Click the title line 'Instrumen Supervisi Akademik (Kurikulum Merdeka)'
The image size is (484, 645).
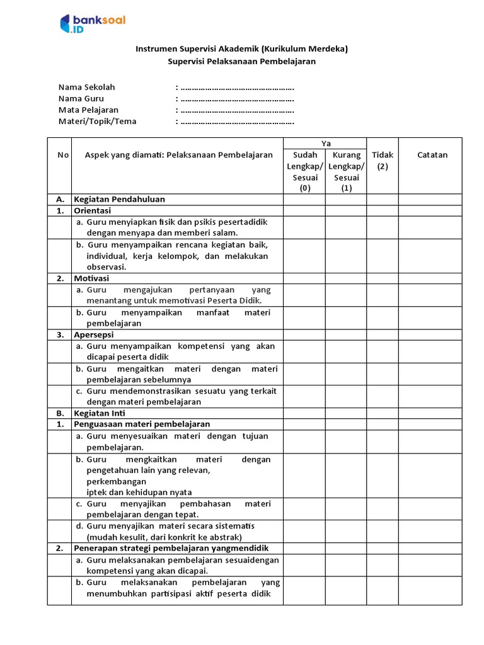coord(242,49)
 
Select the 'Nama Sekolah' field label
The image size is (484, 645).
coord(87,87)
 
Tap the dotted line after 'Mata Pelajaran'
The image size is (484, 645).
coord(237,110)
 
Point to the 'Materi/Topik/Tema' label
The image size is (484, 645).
coord(97,122)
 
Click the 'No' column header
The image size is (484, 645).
coord(59,155)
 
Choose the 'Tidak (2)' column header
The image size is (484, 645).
coord(383,161)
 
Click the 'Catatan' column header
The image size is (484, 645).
coord(432,155)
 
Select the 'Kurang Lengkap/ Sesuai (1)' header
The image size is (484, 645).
coord(346,171)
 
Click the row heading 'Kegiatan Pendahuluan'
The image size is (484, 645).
coord(119,199)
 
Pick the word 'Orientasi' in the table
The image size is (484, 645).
coord(92,210)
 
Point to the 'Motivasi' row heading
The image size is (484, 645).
coord(91,278)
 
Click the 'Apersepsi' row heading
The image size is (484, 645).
coord(94,334)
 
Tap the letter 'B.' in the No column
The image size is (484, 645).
coord(59,413)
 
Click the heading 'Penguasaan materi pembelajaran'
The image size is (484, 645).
coord(142,424)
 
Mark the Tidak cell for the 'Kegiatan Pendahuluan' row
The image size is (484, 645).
coord(383,199)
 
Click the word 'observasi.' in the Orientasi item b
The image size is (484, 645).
coord(106,266)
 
